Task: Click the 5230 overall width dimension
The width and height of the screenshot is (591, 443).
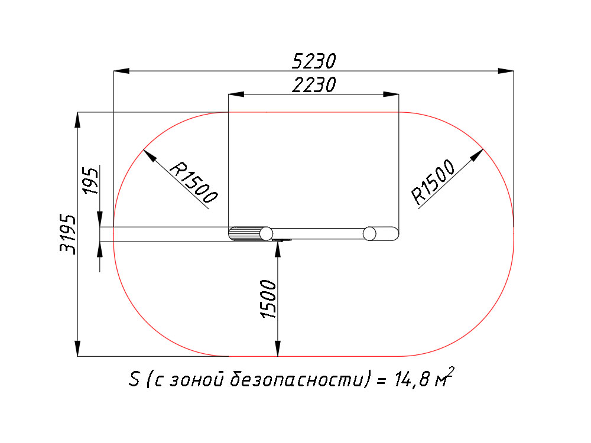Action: [314, 61]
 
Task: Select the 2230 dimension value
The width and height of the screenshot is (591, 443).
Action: [314, 84]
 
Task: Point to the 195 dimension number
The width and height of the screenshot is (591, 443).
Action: [91, 181]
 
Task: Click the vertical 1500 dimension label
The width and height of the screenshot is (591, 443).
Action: [269, 299]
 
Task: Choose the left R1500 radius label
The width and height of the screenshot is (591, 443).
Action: [194, 183]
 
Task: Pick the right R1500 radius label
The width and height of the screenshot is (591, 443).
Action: [433, 182]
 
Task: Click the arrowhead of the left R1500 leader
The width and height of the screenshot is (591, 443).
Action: [150, 155]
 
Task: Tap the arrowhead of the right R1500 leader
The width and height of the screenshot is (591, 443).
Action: [477, 155]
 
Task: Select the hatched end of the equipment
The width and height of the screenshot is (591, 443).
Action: [246, 233]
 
